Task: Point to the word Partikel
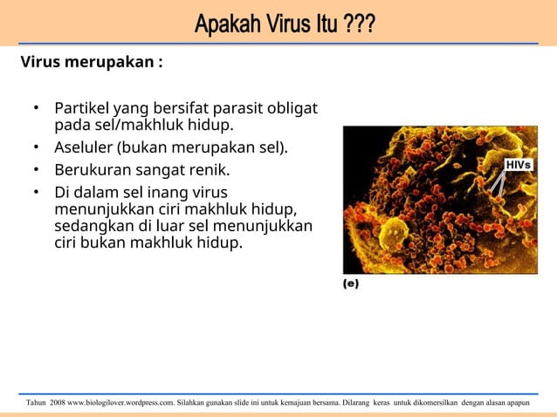tap(81, 109)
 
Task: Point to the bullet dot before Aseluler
tap(37, 147)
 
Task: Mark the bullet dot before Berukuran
tap(37, 168)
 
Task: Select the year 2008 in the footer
tap(57, 402)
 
